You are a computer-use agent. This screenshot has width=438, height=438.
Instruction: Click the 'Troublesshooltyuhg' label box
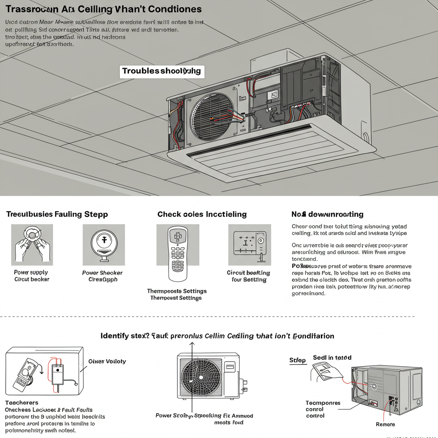(161, 71)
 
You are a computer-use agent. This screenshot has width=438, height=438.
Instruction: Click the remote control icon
(178, 253)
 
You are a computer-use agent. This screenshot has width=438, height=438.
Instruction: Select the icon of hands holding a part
(32, 245)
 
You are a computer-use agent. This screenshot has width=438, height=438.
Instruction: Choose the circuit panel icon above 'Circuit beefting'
(249, 245)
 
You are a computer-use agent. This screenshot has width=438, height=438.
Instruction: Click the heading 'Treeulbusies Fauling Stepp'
(57, 214)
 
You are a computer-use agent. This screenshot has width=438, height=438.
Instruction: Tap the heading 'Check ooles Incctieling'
(202, 214)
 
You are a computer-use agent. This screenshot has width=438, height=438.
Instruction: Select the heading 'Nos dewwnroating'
(327, 214)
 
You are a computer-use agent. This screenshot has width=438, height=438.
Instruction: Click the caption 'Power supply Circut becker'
(32, 276)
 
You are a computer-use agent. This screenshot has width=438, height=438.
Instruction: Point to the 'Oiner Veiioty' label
(107, 361)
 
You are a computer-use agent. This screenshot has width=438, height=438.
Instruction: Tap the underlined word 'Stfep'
(298, 360)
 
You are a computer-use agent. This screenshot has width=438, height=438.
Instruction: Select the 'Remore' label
(385, 424)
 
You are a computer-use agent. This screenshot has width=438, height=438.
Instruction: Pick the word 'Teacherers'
(22, 402)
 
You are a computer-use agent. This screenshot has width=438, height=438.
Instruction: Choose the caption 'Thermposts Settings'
(177, 294)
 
